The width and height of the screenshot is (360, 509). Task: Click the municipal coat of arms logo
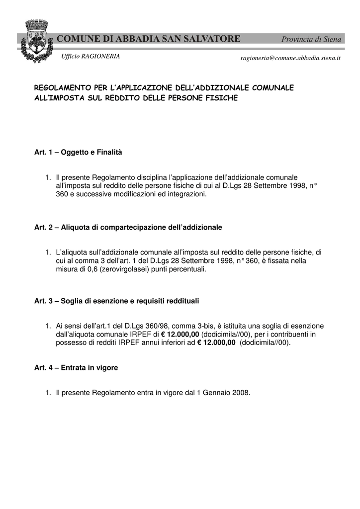click(36, 41)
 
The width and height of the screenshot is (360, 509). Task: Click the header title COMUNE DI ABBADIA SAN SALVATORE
click(149, 39)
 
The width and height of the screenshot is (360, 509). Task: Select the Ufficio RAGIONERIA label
click(90, 56)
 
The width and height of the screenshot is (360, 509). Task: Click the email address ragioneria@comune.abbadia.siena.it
click(290, 58)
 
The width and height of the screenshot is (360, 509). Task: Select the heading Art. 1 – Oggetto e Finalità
click(78, 152)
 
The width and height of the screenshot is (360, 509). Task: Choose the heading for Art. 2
click(128, 227)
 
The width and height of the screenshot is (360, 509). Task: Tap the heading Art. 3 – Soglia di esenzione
click(116, 301)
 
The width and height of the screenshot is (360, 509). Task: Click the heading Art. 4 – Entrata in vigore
click(76, 368)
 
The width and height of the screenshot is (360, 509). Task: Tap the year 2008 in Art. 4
click(241, 393)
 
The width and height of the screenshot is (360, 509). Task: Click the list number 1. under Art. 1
click(48, 177)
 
